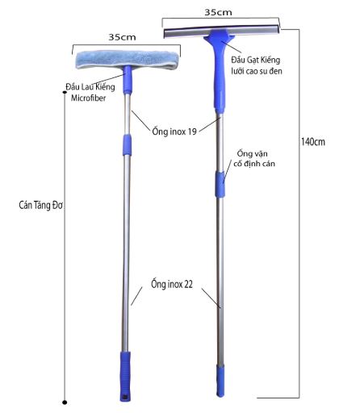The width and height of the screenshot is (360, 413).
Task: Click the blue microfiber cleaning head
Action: tap(128, 60)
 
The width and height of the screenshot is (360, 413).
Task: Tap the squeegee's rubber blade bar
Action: tap(221, 31)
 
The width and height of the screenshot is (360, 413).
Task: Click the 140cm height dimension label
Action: tap(313, 142)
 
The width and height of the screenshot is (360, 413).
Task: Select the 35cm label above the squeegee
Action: tap(218, 12)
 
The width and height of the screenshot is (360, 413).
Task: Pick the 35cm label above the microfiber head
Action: tap(122, 37)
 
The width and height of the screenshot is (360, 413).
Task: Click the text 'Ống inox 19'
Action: tap(174, 131)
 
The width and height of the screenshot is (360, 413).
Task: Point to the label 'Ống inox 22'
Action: tap(172, 284)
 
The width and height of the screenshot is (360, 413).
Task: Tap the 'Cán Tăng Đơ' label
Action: tap(41, 205)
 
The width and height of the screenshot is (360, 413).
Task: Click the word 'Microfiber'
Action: tap(89, 98)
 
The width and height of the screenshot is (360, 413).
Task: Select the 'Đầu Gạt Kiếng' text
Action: tap(256, 60)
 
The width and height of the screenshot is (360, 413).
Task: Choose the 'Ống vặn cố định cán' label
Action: tap(254, 159)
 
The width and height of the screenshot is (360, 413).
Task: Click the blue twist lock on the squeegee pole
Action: tap(220, 185)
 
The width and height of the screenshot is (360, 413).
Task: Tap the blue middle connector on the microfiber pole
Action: tap(128, 145)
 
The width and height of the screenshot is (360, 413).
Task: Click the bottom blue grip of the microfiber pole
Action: tap(125, 376)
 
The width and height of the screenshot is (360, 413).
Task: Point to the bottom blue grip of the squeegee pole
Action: tap(220, 381)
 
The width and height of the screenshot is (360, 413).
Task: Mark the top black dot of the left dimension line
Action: tap(65, 92)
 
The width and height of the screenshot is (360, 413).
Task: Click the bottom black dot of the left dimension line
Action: tap(65, 403)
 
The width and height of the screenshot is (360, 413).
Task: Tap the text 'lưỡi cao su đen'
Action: tap(257, 71)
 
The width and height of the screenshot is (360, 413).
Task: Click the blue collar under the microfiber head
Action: tap(128, 80)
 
